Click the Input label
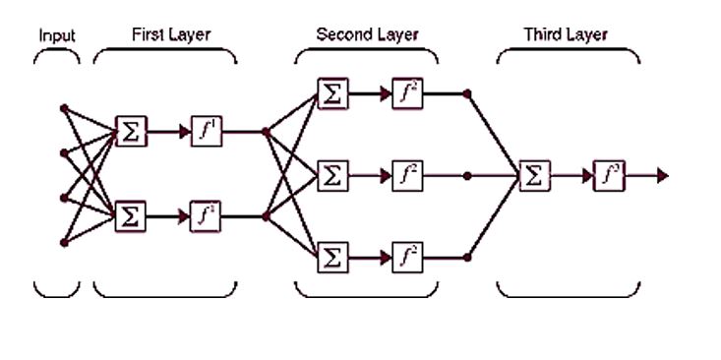click(57, 35)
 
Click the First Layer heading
click(171, 34)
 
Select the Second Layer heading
click(367, 34)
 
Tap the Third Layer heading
click(566, 34)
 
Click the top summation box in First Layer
click(130, 131)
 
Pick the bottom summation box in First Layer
click(130, 214)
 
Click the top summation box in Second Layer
click(332, 93)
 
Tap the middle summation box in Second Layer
click(332, 176)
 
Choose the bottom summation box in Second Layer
click(332, 259)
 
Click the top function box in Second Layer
click(406, 93)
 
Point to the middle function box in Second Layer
click(406, 176)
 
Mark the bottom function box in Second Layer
click(406, 259)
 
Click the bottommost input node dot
click(63, 241)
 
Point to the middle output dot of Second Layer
click(467, 176)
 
